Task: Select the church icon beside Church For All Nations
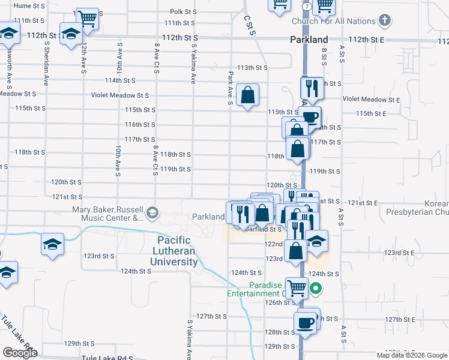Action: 385,21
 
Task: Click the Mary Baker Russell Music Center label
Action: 108,214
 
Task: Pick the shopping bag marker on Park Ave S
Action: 247,95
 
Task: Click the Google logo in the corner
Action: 20,353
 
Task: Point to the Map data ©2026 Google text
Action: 412,355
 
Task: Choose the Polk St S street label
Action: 183,11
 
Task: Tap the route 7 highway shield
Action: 306,5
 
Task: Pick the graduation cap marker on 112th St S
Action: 71,34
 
